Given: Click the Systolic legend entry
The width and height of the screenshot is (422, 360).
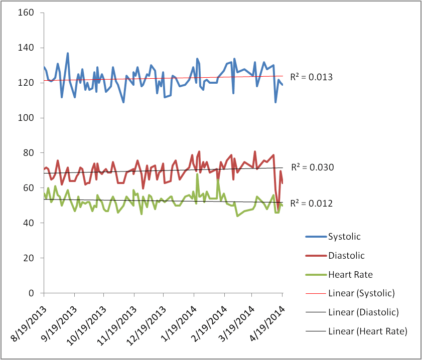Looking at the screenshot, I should [344, 236].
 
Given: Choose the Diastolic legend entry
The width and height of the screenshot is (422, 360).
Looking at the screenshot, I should [346, 255].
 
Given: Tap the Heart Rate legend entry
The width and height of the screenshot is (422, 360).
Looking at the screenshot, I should [350, 274].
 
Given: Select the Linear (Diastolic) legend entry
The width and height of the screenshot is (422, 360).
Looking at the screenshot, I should [363, 312].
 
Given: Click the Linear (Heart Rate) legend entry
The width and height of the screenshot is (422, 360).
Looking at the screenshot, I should [367, 331].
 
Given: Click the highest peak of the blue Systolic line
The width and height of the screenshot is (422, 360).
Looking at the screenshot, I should [68, 53].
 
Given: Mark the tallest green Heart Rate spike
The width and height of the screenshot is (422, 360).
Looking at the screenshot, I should [197, 159].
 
